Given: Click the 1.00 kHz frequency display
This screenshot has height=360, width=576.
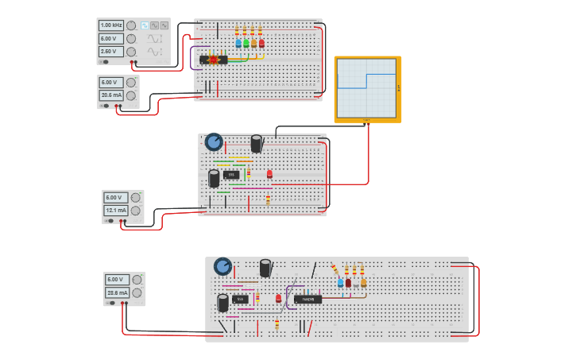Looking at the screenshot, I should coord(111,25).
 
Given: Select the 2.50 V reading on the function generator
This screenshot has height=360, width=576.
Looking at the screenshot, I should coord(111,51).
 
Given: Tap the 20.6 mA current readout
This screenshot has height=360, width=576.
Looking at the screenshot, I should coord(111,95).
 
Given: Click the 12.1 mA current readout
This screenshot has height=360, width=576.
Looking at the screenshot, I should coord(116,211).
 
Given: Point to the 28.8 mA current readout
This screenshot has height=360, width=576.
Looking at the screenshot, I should coord(117,292).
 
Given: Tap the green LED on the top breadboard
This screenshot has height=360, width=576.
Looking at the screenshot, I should coord(245,44).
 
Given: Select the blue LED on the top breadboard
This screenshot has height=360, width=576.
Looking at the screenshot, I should coord(238,44).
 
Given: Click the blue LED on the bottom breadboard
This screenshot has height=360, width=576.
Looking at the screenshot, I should coord(340,283).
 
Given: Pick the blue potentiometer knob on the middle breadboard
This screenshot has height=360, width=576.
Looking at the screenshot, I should coord(214,141).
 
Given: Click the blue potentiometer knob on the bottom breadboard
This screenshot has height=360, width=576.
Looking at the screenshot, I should coord(222,266).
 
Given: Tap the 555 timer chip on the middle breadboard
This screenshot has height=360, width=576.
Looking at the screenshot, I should coord(231,175).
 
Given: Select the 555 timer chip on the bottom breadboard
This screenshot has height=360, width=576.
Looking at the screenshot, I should coord(240,299).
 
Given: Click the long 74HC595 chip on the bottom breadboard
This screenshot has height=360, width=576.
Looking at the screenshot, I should coord(307,299).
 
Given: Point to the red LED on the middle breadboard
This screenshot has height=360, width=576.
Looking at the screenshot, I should coord(269,173).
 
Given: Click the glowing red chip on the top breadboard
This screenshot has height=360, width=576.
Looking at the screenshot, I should coord(213,60).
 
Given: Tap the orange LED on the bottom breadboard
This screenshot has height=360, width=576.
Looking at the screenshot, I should coord(363,283).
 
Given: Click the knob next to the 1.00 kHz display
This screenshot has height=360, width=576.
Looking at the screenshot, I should coord(131,25).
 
